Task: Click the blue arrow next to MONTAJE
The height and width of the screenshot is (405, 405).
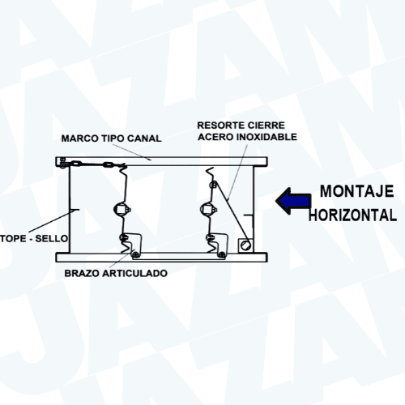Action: [293, 201]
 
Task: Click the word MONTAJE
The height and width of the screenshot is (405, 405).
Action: [356, 191]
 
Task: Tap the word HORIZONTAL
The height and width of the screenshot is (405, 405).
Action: [352, 215]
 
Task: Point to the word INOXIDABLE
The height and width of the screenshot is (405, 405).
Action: [266, 137]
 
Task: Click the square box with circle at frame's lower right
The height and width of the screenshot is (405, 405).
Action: [245, 245]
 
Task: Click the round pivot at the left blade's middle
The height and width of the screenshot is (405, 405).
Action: [121, 209]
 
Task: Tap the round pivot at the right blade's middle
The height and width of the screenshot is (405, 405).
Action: [207, 209]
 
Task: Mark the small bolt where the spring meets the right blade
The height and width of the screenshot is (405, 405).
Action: [213, 185]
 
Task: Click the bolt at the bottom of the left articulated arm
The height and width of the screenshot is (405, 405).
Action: [136, 254]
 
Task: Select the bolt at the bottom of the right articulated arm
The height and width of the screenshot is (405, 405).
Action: [222, 254]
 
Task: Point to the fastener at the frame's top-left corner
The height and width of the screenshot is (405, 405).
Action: [62, 162]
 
